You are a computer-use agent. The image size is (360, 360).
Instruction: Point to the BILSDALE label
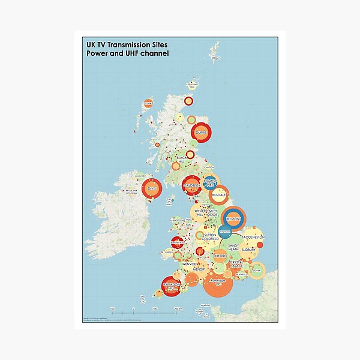point(219,195)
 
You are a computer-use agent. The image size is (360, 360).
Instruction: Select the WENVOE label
point(188,263)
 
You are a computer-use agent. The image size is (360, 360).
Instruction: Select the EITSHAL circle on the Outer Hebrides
point(148,103)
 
